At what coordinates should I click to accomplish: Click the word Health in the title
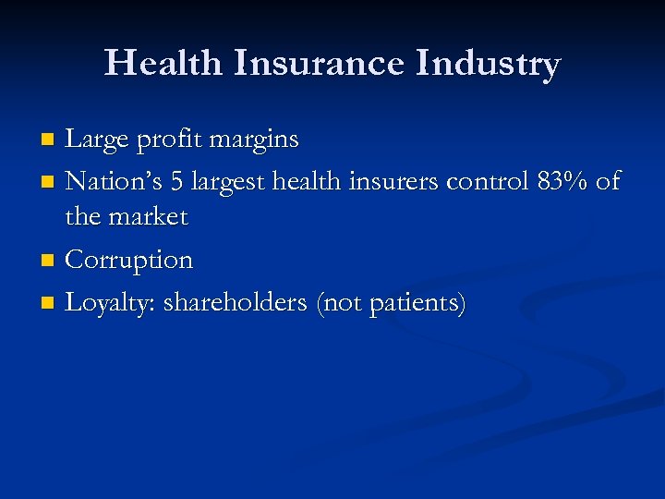(x=163, y=64)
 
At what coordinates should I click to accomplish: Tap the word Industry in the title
(x=489, y=64)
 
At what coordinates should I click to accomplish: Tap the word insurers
(x=395, y=181)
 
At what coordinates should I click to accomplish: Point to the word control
(x=488, y=181)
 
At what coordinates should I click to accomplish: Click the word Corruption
(x=129, y=261)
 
